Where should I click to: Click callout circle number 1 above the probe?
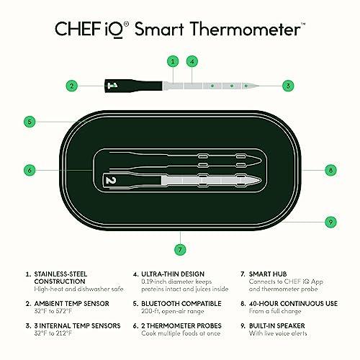pyautogui.click(x=173, y=61)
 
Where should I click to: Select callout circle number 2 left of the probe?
pyautogui.click(x=71, y=86)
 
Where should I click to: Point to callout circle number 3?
pyautogui.click(x=289, y=86)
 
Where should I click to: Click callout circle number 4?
pyautogui.click(x=192, y=61)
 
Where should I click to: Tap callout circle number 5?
pyautogui.click(x=28, y=122)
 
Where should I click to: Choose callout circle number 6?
pyautogui.click(x=28, y=171)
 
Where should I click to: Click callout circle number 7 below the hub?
pyautogui.click(x=179, y=250)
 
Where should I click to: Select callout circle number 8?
pyautogui.click(x=330, y=171)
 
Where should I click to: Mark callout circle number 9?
pyautogui.click(x=330, y=222)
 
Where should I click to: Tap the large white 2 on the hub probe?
pyautogui.click(x=110, y=180)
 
